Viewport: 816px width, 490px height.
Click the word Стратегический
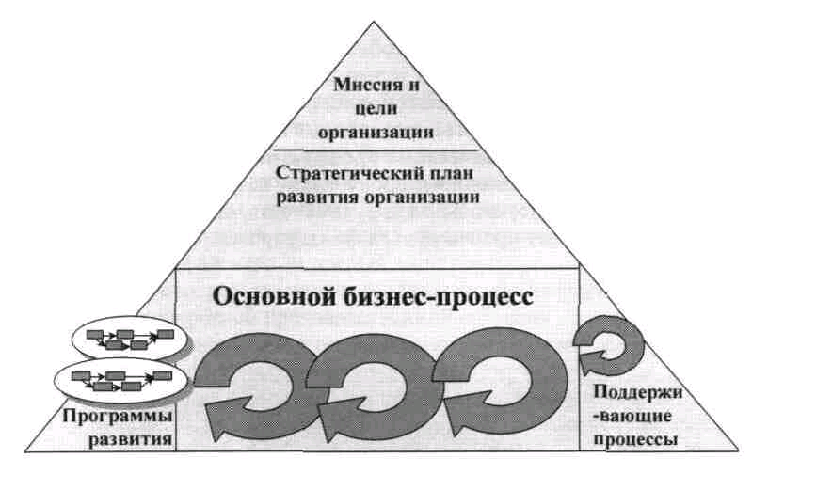(x=341, y=174)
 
